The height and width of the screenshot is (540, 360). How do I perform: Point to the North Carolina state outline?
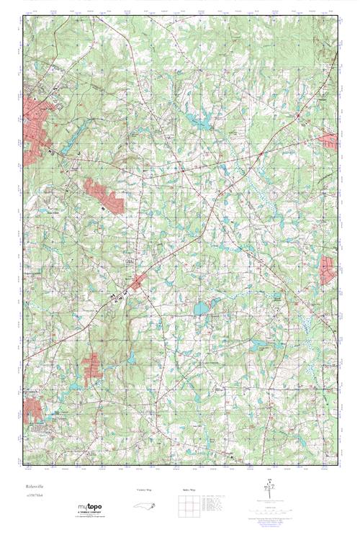point(147,508)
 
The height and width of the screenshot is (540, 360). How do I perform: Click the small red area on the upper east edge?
point(329,140)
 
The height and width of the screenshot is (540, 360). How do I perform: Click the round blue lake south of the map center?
point(200,309)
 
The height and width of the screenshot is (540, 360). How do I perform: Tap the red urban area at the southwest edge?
point(32,409)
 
